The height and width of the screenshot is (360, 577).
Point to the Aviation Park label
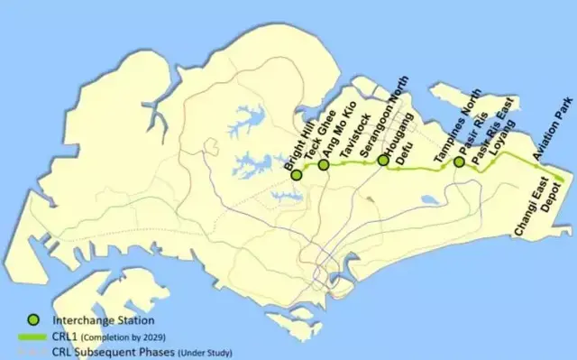coord(552,126)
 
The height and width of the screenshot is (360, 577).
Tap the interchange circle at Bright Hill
coord(296,173)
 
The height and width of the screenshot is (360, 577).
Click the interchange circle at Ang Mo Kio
coord(324,164)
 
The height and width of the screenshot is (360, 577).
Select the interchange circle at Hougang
coord(383,161)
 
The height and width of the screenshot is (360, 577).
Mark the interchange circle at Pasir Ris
coord(459,162)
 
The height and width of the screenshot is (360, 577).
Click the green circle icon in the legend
coord(33,318)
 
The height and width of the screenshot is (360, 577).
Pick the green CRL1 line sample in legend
coord(33,337)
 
